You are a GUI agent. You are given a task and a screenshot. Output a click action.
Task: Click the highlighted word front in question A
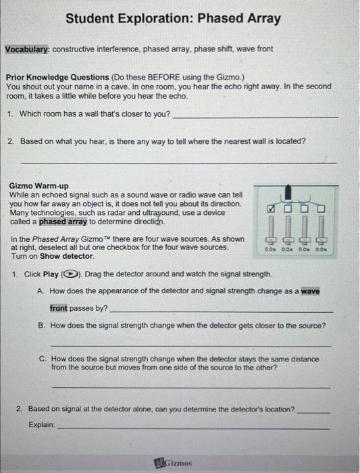59,307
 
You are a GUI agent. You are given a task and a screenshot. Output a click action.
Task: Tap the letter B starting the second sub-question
42,325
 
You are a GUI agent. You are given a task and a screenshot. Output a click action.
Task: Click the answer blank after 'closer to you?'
255,116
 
